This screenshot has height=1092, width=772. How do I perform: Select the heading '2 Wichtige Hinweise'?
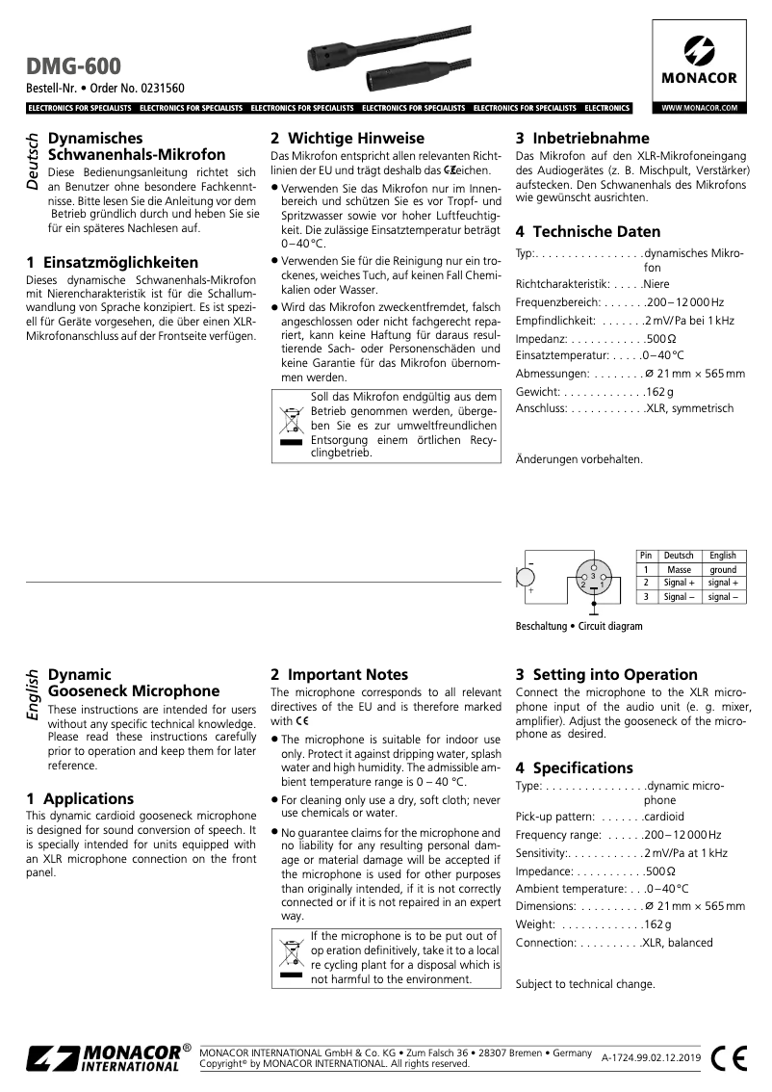347,138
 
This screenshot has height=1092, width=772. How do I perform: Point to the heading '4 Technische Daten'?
588,231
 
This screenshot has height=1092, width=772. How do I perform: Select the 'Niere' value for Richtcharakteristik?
656,285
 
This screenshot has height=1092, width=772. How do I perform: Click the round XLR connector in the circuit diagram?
593,581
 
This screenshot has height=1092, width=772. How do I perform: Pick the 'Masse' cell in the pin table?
679,570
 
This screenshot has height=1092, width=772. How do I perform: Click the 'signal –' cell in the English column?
723,597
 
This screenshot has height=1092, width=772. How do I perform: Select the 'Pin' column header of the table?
647,556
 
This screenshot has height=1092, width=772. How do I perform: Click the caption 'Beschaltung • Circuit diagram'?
579,626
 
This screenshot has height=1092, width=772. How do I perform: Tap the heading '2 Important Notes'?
339,674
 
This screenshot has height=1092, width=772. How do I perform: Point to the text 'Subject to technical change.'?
585,984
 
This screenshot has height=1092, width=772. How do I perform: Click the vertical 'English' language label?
33,696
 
